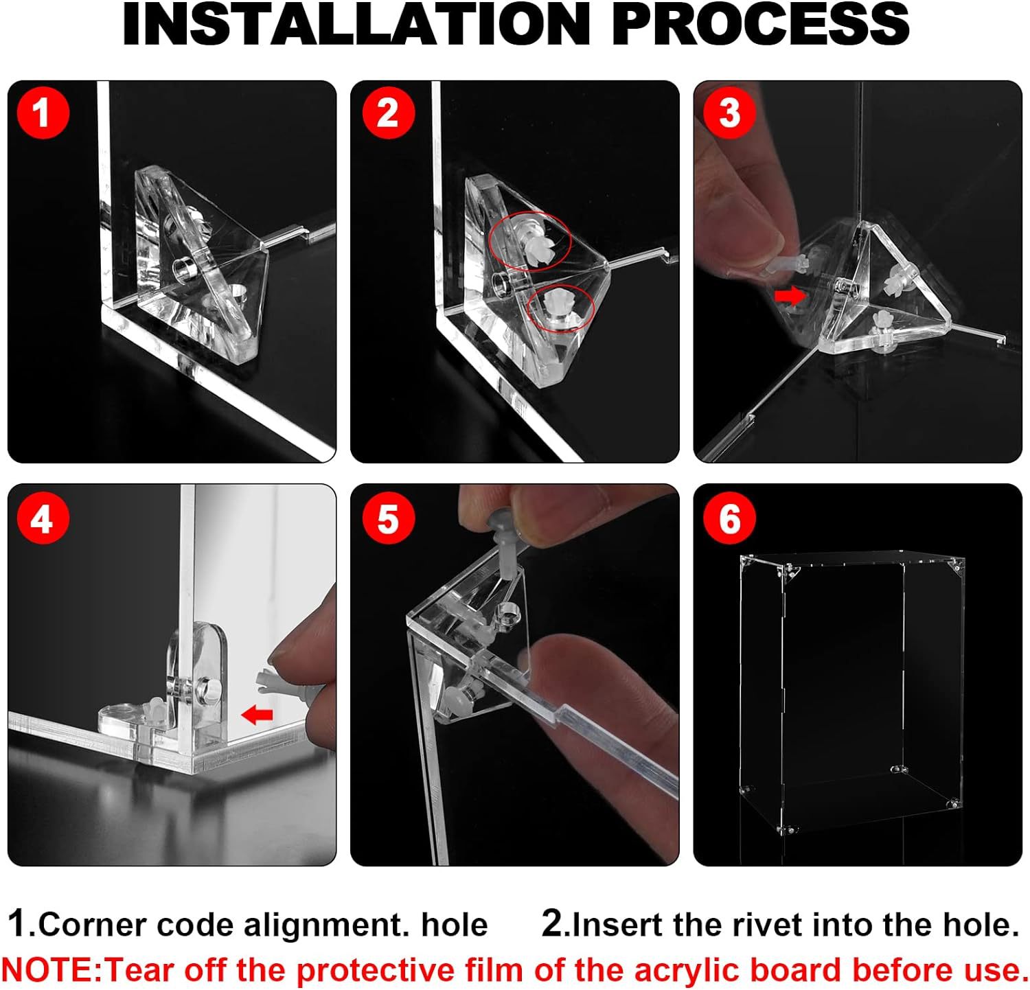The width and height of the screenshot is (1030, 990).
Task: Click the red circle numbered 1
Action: click(43, 111)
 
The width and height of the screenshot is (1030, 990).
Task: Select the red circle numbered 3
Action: click(729, 112)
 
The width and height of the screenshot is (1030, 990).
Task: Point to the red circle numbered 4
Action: click(43, 518)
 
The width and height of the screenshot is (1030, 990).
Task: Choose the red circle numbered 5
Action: click(388, 518)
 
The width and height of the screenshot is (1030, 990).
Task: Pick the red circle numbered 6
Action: click(729, 518)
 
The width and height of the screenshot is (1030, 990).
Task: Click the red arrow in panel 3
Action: click(790, 296)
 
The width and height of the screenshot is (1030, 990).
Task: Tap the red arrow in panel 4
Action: click(257, 715)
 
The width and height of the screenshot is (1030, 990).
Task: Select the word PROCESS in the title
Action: click(760, 25)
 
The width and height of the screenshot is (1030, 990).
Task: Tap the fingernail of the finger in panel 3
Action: click(768, 242)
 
